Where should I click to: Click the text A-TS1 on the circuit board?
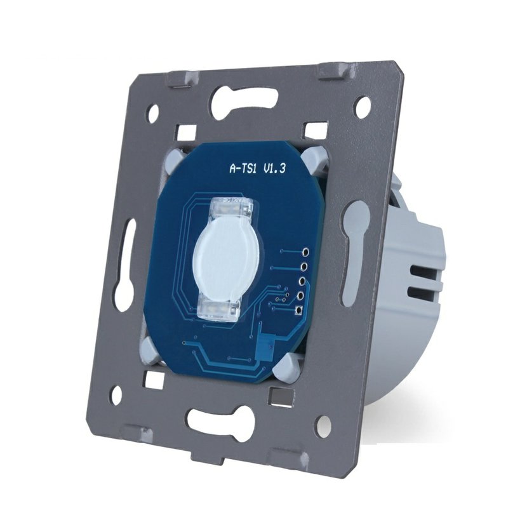click(243, 168)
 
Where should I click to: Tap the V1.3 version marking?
click(274, 168)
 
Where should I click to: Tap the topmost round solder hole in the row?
click(306, 251)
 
